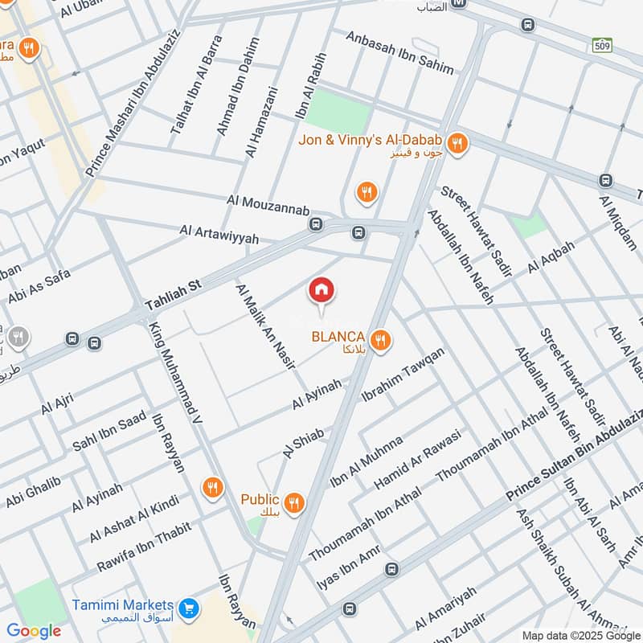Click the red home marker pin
coord(321,291)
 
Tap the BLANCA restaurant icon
coord(381,339)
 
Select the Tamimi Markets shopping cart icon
coord(190,608)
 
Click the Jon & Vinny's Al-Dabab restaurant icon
coord(457,144)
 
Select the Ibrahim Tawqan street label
coord(403,375)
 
